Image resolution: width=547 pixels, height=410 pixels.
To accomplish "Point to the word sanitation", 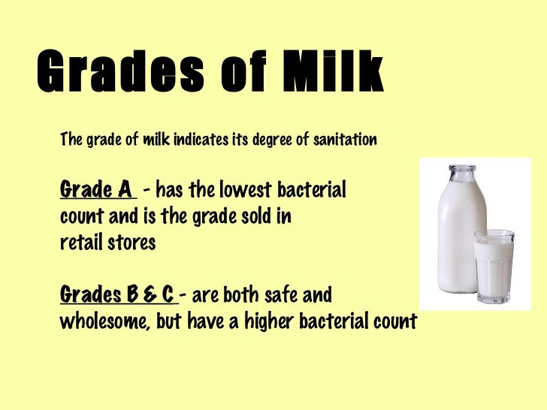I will (343, 140).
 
